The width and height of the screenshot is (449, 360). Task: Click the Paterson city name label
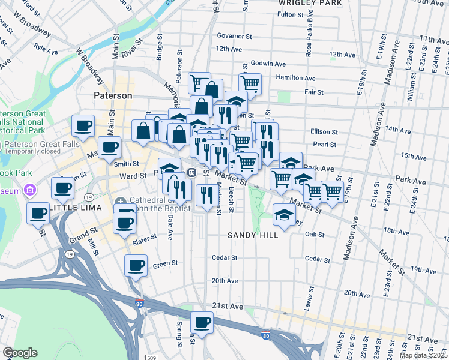pyautogui.click(x=113, y=95)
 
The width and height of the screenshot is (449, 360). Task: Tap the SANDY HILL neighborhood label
pyautogui.click(x=253, y=235)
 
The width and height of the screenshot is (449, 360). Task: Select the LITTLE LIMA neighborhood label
pyautogui.click(x=74, y=207)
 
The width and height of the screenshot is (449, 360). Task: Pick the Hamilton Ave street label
pyautogui.click(x=295, y=78)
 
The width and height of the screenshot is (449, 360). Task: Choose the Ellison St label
pyautogui.click(x=324, y=131)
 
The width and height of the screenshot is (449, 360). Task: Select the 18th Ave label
pyautogui.click(x=396, y=231)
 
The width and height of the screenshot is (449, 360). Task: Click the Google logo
pyautogui.click(x=20, y=353)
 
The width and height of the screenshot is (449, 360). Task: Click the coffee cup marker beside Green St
pyautogui.click(x=136, y=265)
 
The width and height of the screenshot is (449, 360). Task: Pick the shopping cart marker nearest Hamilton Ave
pyautogui.click(x=250, y=83)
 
